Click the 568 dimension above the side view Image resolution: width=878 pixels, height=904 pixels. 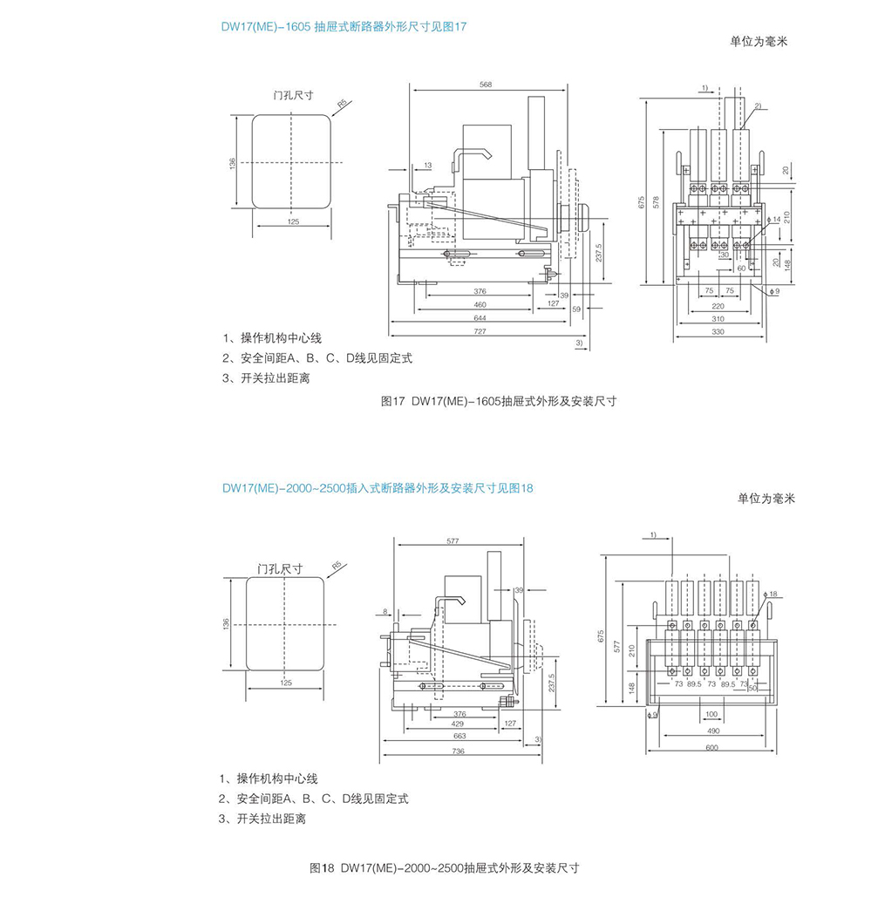486,85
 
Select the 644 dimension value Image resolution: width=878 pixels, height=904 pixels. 480,318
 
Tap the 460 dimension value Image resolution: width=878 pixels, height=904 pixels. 480,304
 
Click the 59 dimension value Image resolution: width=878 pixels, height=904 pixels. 575,309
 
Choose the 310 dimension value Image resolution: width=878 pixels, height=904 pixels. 718,319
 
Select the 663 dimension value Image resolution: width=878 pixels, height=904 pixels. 459,737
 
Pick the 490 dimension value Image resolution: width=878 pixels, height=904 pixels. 711,732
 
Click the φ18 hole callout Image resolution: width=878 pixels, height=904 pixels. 772,594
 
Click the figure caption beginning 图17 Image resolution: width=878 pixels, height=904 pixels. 499,402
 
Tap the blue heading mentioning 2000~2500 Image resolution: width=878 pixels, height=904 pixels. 377,488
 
